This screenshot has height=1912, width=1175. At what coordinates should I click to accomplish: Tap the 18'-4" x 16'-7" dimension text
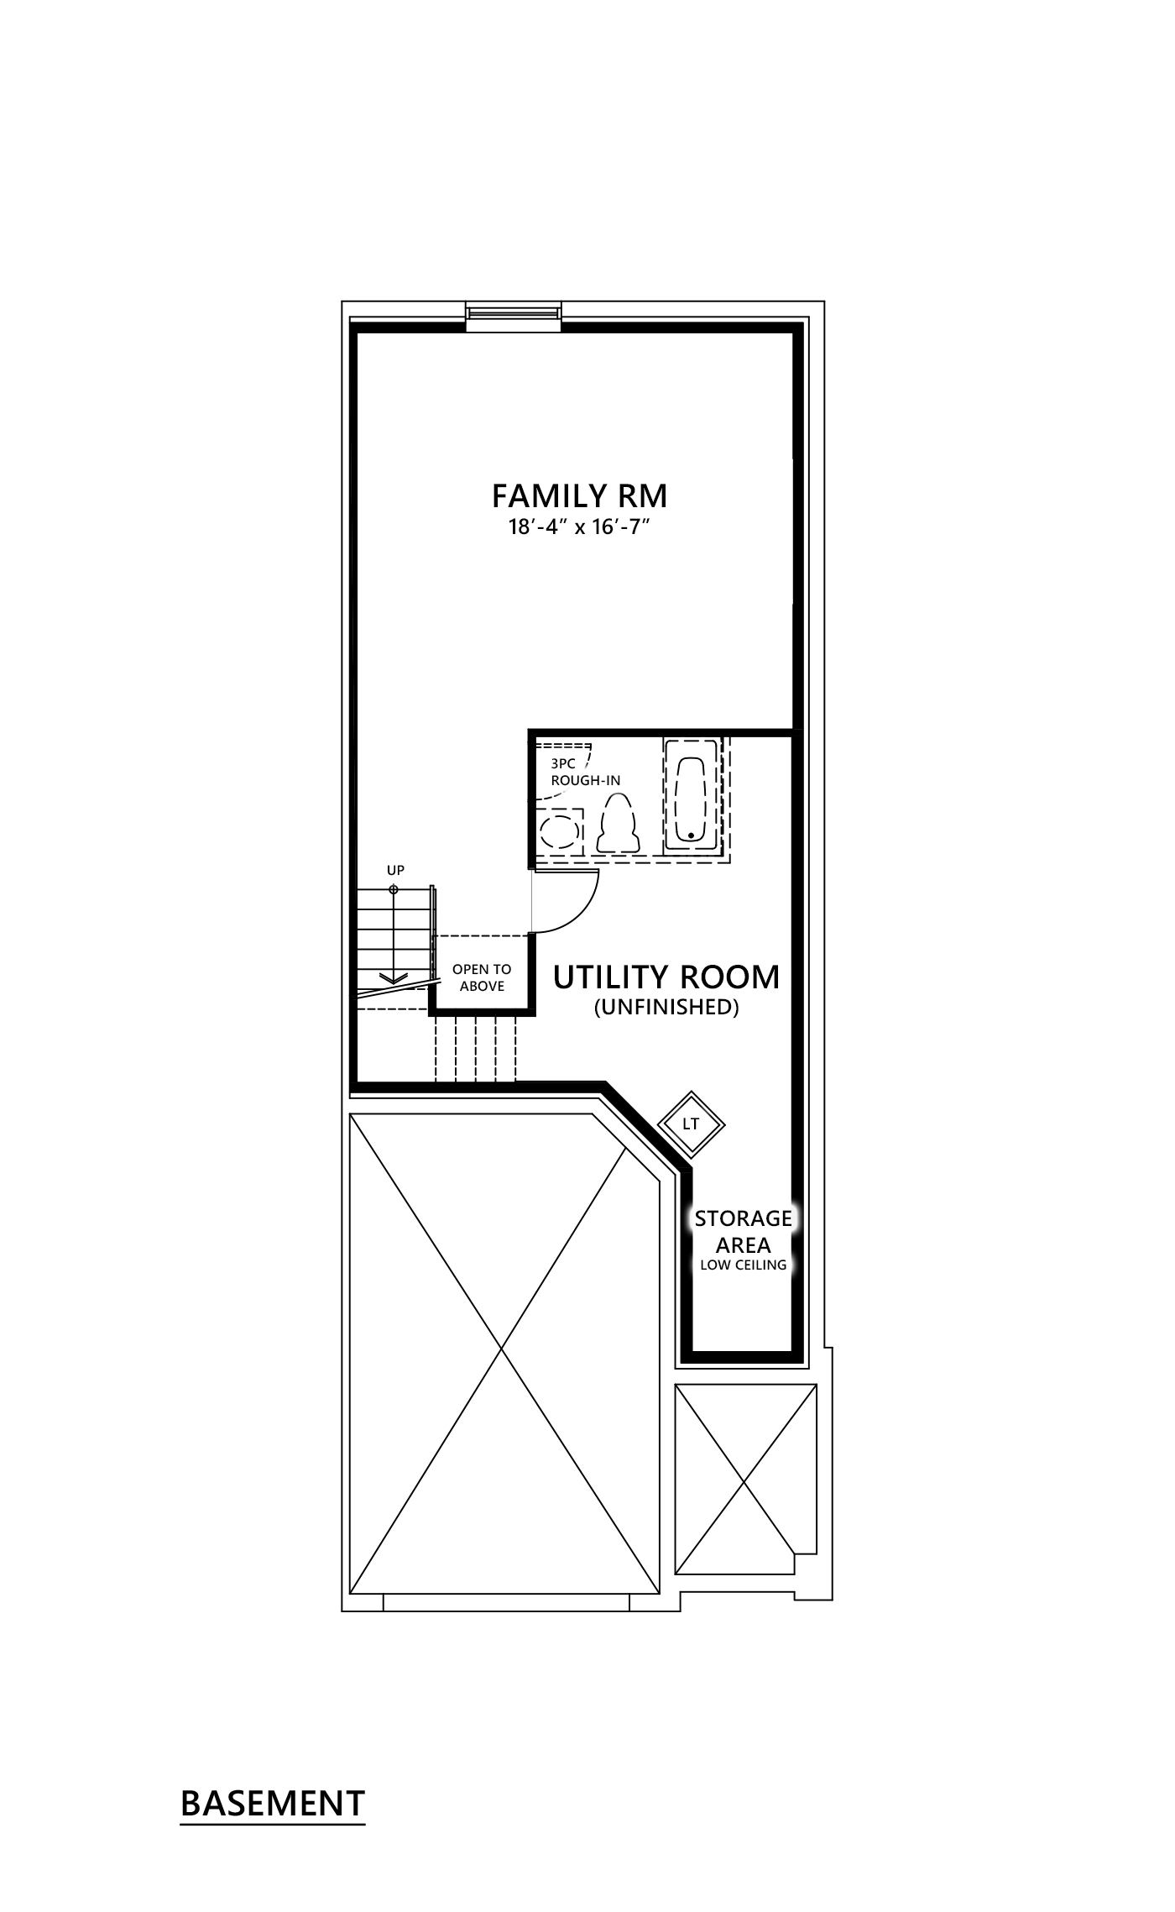[x=579, y=529]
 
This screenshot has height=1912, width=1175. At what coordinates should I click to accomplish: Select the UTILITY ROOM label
[x=666, y=977]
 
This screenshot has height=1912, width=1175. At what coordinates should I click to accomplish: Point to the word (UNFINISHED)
[x=666, y=1007]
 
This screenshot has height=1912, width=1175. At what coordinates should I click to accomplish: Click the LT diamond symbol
[x=691, y=1124]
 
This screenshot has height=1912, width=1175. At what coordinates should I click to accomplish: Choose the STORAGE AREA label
[x=743, y=1230]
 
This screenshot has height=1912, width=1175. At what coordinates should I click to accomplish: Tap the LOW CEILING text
[x=743, y=1265]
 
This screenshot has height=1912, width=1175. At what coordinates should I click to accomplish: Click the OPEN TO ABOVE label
[x=482, y=977]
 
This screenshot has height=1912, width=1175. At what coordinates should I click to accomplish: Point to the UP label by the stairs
[x=395, y=870]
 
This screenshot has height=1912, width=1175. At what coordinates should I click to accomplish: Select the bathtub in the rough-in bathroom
[x=691, y=800]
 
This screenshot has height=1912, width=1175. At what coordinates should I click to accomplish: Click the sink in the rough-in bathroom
[x=560, y=833]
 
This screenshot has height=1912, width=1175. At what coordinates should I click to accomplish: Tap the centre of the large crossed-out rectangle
[x=502, y=1350]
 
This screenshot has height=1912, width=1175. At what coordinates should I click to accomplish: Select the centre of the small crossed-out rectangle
[x=745, y=1478]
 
